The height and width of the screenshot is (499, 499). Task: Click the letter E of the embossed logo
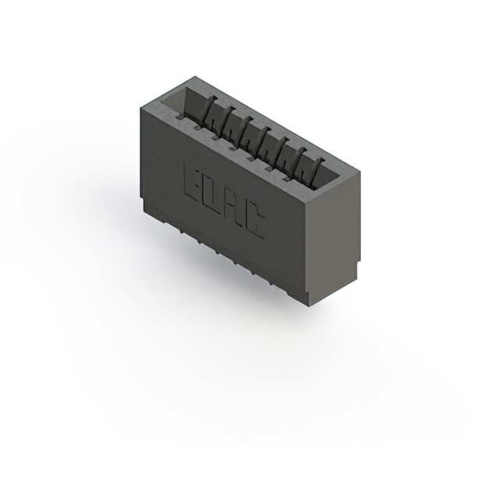tap(192, 182)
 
